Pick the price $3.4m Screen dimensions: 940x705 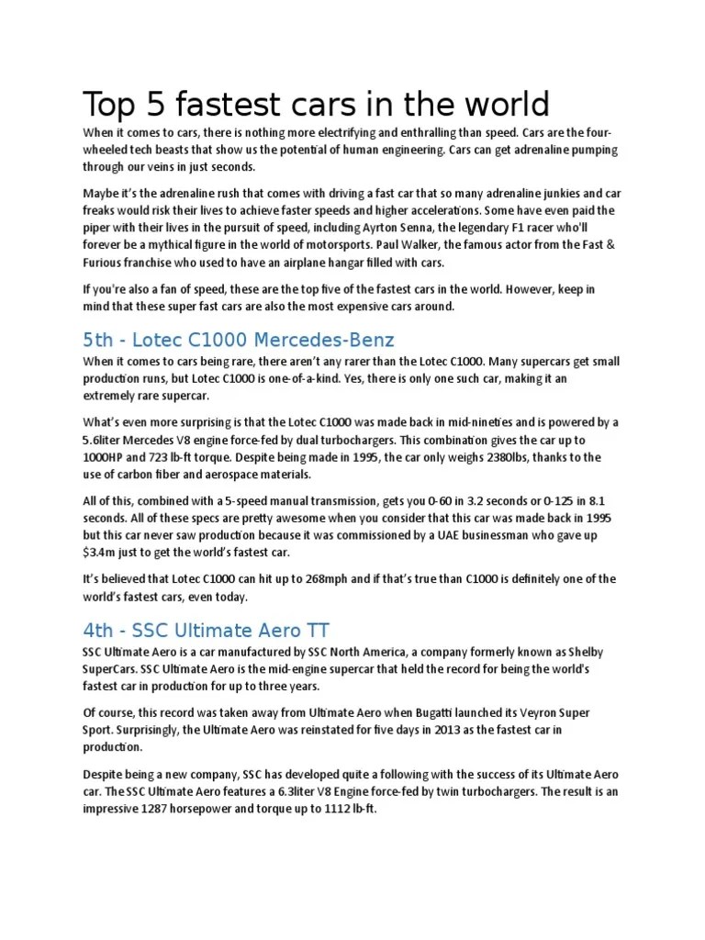coord(98,554)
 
